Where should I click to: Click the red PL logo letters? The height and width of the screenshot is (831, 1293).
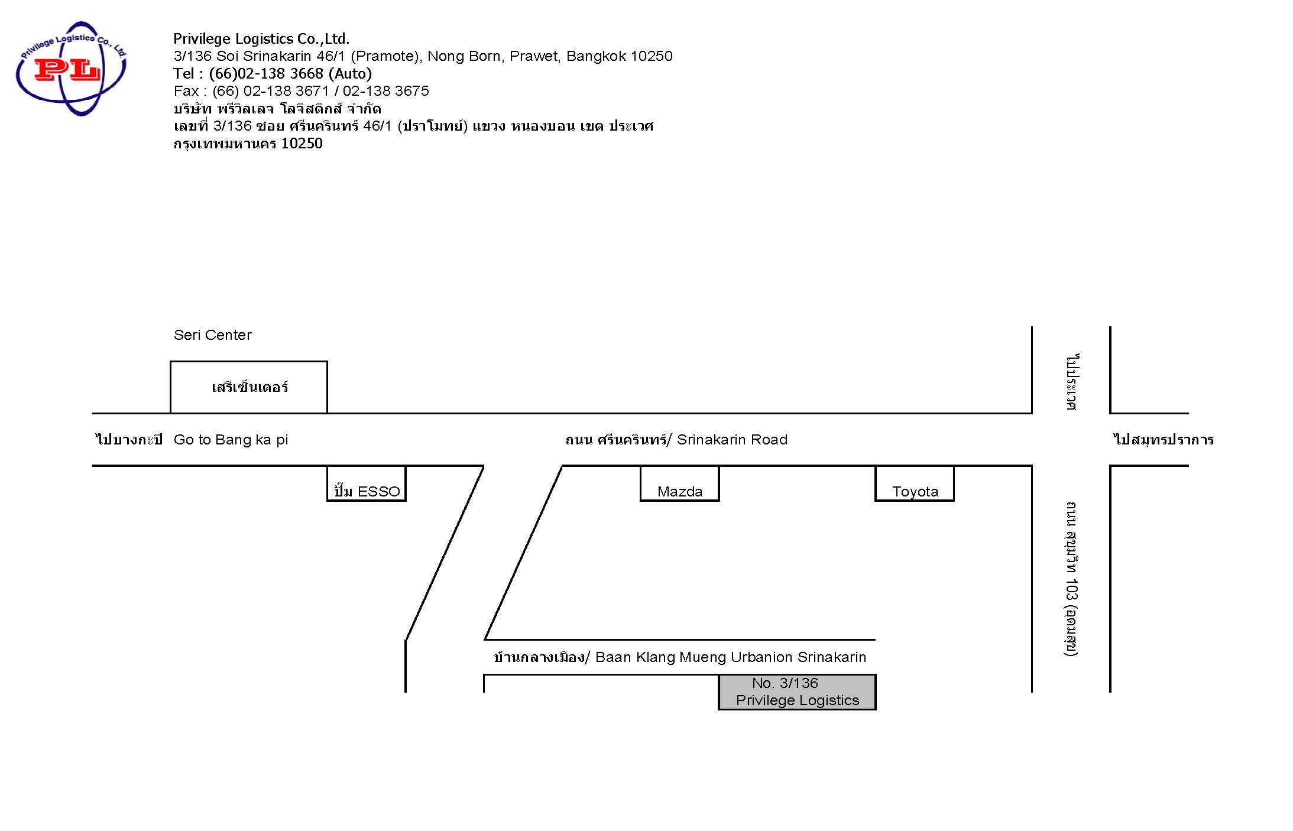pos(67,70)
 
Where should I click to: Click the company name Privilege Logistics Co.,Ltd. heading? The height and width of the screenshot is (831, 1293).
pos(261,39)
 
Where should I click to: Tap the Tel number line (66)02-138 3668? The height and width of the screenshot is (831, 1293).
pos(273,73)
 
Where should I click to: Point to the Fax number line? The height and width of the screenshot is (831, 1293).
pos(301,91)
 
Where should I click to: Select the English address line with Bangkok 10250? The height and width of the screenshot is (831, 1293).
pos(423,56)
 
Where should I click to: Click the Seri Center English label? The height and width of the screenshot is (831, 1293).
pos(212,335)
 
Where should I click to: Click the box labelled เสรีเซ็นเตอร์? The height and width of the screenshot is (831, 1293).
pos(249,387)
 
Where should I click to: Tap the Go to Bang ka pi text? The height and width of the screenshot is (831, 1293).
pos(231,440)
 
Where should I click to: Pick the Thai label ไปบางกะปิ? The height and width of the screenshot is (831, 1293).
pos(129,440)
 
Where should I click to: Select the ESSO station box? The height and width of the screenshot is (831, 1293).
pos(367,483)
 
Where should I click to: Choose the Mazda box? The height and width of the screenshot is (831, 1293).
pos(680,483)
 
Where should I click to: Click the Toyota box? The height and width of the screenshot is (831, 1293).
pos(915,483)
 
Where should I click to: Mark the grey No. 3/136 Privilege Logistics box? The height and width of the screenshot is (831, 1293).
pos(797,692)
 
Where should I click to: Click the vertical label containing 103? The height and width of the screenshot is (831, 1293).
pos(1071,579)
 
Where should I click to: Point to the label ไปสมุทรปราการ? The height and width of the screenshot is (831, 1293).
pos(1164,440)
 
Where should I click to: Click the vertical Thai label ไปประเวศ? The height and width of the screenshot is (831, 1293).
pos(1072,382)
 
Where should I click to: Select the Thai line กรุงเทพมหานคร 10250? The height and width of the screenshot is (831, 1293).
pos(248,144)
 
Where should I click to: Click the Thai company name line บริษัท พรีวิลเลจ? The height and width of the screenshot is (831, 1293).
pos(277,109)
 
